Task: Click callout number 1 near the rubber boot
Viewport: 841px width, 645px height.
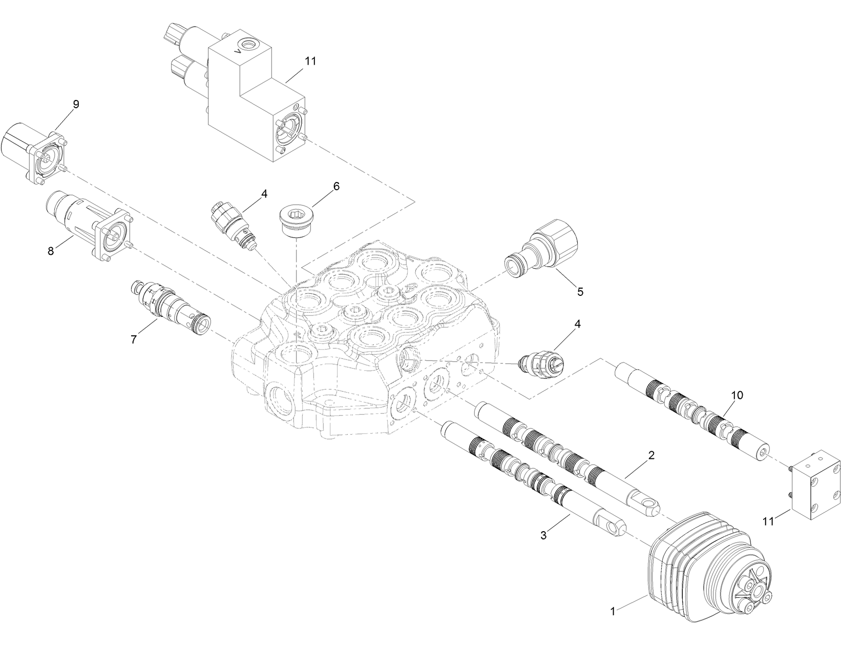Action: [x=613, y=611]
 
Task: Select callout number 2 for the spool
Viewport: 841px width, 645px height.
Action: [x=651, y=455]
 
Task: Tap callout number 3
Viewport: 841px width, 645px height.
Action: [x=543, y=536]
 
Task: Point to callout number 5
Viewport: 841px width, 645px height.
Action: [x=580, y=292]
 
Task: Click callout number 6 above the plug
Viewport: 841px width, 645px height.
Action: [x=336, y=186]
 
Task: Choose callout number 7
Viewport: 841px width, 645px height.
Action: [x=134, y=339]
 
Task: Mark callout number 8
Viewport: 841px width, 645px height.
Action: [x=51, y=251]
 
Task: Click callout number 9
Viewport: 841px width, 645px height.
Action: [x=76, y=104]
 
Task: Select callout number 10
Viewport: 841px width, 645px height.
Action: [x=737, y=395]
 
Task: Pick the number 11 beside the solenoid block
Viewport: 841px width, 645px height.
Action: [x=310, y=61]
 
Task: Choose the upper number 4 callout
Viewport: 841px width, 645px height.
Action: [x=264, y=194]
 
